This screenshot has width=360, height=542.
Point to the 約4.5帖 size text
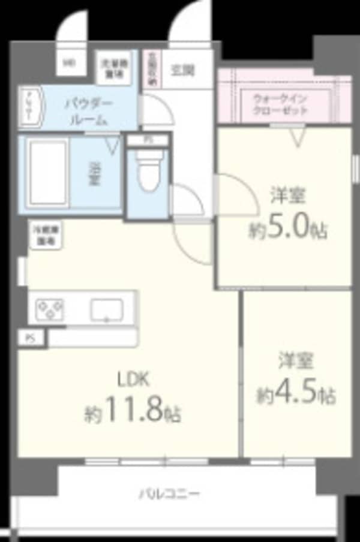click(296, 395)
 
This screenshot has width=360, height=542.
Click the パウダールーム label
click(88, 112)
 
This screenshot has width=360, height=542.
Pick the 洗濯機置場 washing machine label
click(110, 67)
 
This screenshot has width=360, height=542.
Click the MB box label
click(70, 62)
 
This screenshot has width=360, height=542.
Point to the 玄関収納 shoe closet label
click(152, 69)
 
